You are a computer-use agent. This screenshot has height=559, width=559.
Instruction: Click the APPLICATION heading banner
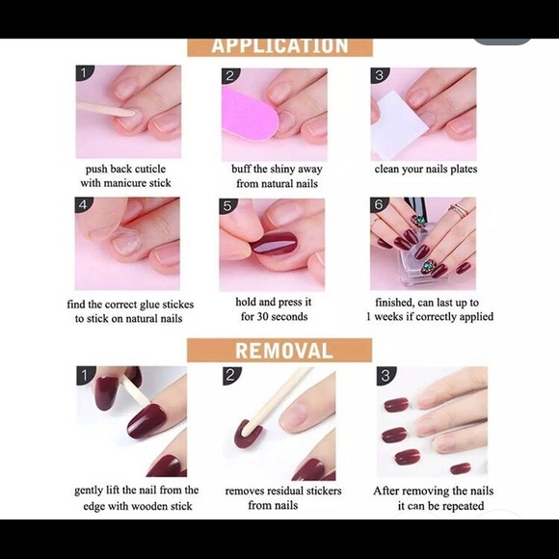(x=279, y=45)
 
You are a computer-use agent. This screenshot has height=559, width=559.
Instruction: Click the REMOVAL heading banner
(x=279, y=351)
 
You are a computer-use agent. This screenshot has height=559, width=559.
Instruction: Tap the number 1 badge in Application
(x=85, y=73)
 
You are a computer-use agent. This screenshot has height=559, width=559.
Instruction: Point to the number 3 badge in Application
(x=380, y=75)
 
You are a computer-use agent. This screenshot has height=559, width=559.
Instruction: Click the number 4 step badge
(x=84, y=205)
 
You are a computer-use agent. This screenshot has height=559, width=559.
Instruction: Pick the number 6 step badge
(x=379, y=205)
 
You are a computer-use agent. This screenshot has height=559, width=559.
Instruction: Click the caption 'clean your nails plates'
(x=425, y=170)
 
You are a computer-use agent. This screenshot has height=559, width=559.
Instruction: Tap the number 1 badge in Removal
(x=85, y=375)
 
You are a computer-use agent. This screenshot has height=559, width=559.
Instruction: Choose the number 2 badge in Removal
(x=231, y=376)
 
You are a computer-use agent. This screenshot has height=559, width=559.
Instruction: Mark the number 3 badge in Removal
(x=386, y=376)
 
